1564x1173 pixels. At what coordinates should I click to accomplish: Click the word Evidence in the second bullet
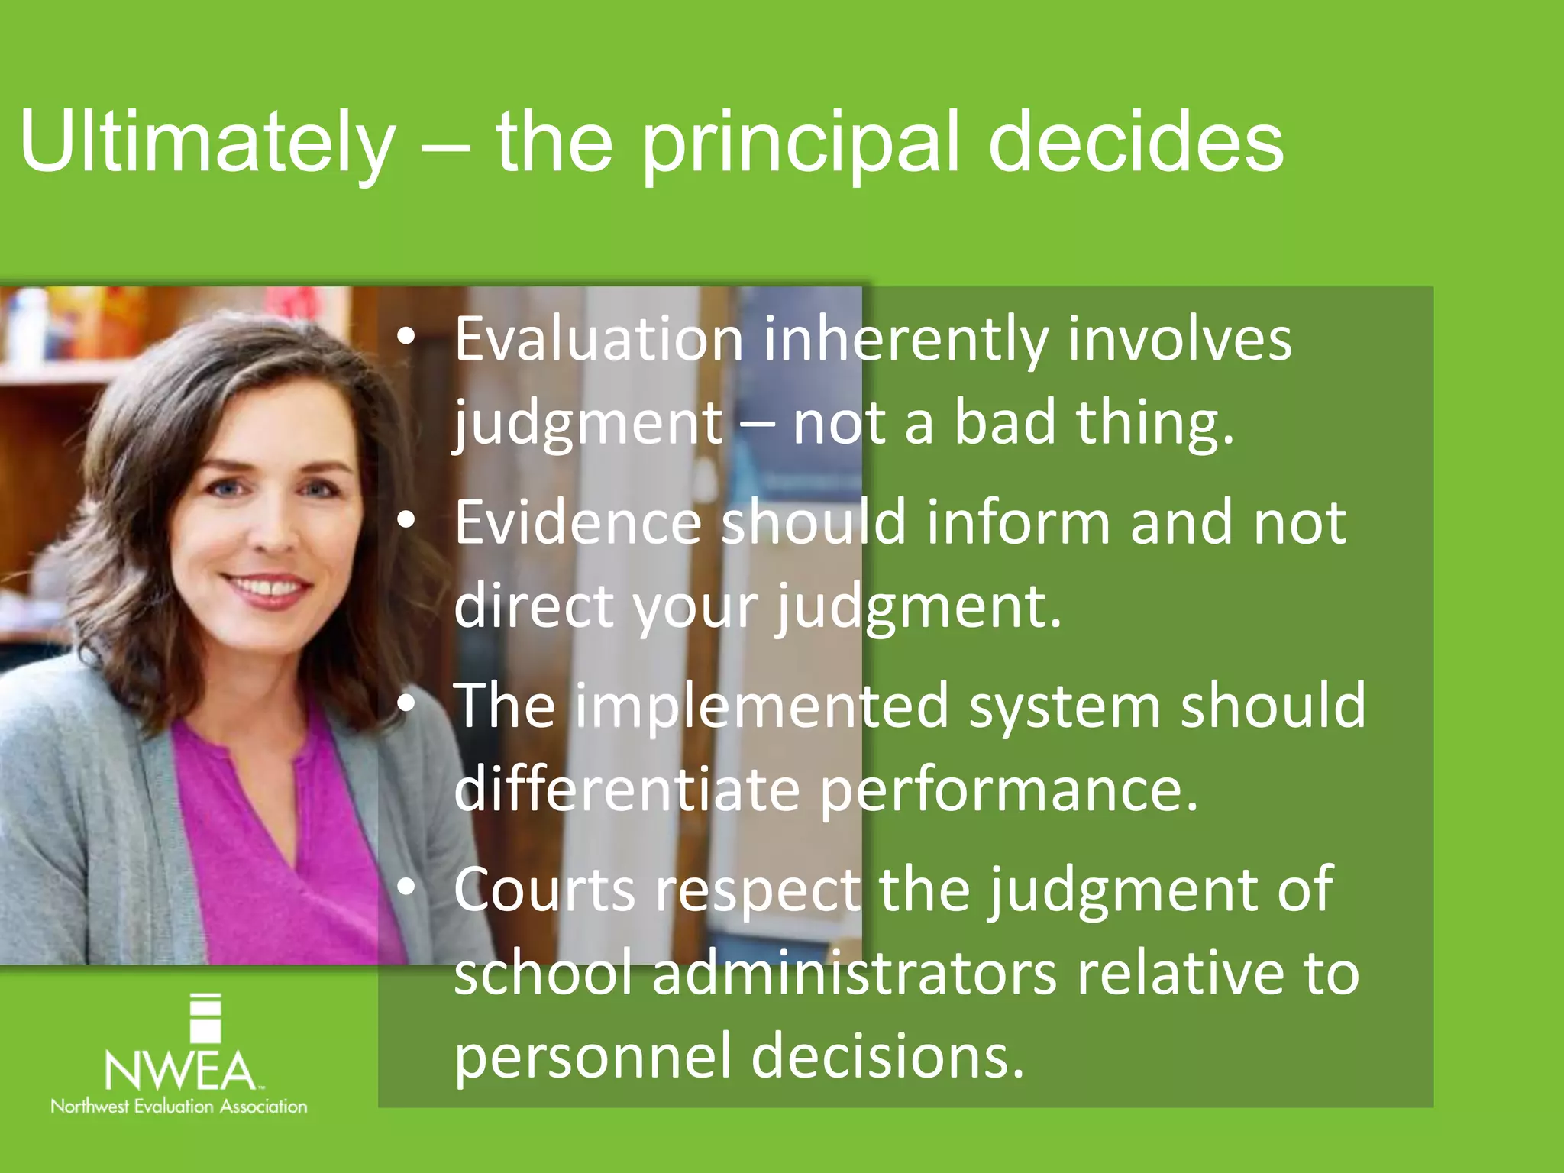pyautogui.click(x=577, y=522)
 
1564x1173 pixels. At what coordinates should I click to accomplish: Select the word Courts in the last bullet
pyautogui.click(x=544, y=890)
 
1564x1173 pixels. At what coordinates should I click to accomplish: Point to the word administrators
pyautogui.click(x=855, y=973)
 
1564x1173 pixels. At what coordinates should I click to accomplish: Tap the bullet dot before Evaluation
pyautogui.click(x=406, y=337)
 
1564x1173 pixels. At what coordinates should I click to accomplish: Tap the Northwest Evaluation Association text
pyautogui.click(x=179, y=1107)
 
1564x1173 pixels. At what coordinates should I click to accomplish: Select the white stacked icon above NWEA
pyautogui.click(x=205, y=1018)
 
